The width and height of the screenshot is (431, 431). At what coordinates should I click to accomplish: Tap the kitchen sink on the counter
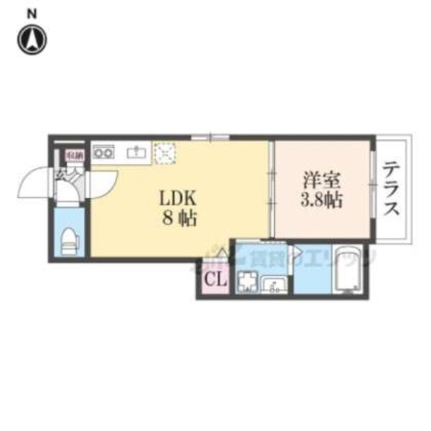(x=136, y=152)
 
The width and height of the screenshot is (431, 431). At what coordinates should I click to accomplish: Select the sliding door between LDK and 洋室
(x=272, y=189)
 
